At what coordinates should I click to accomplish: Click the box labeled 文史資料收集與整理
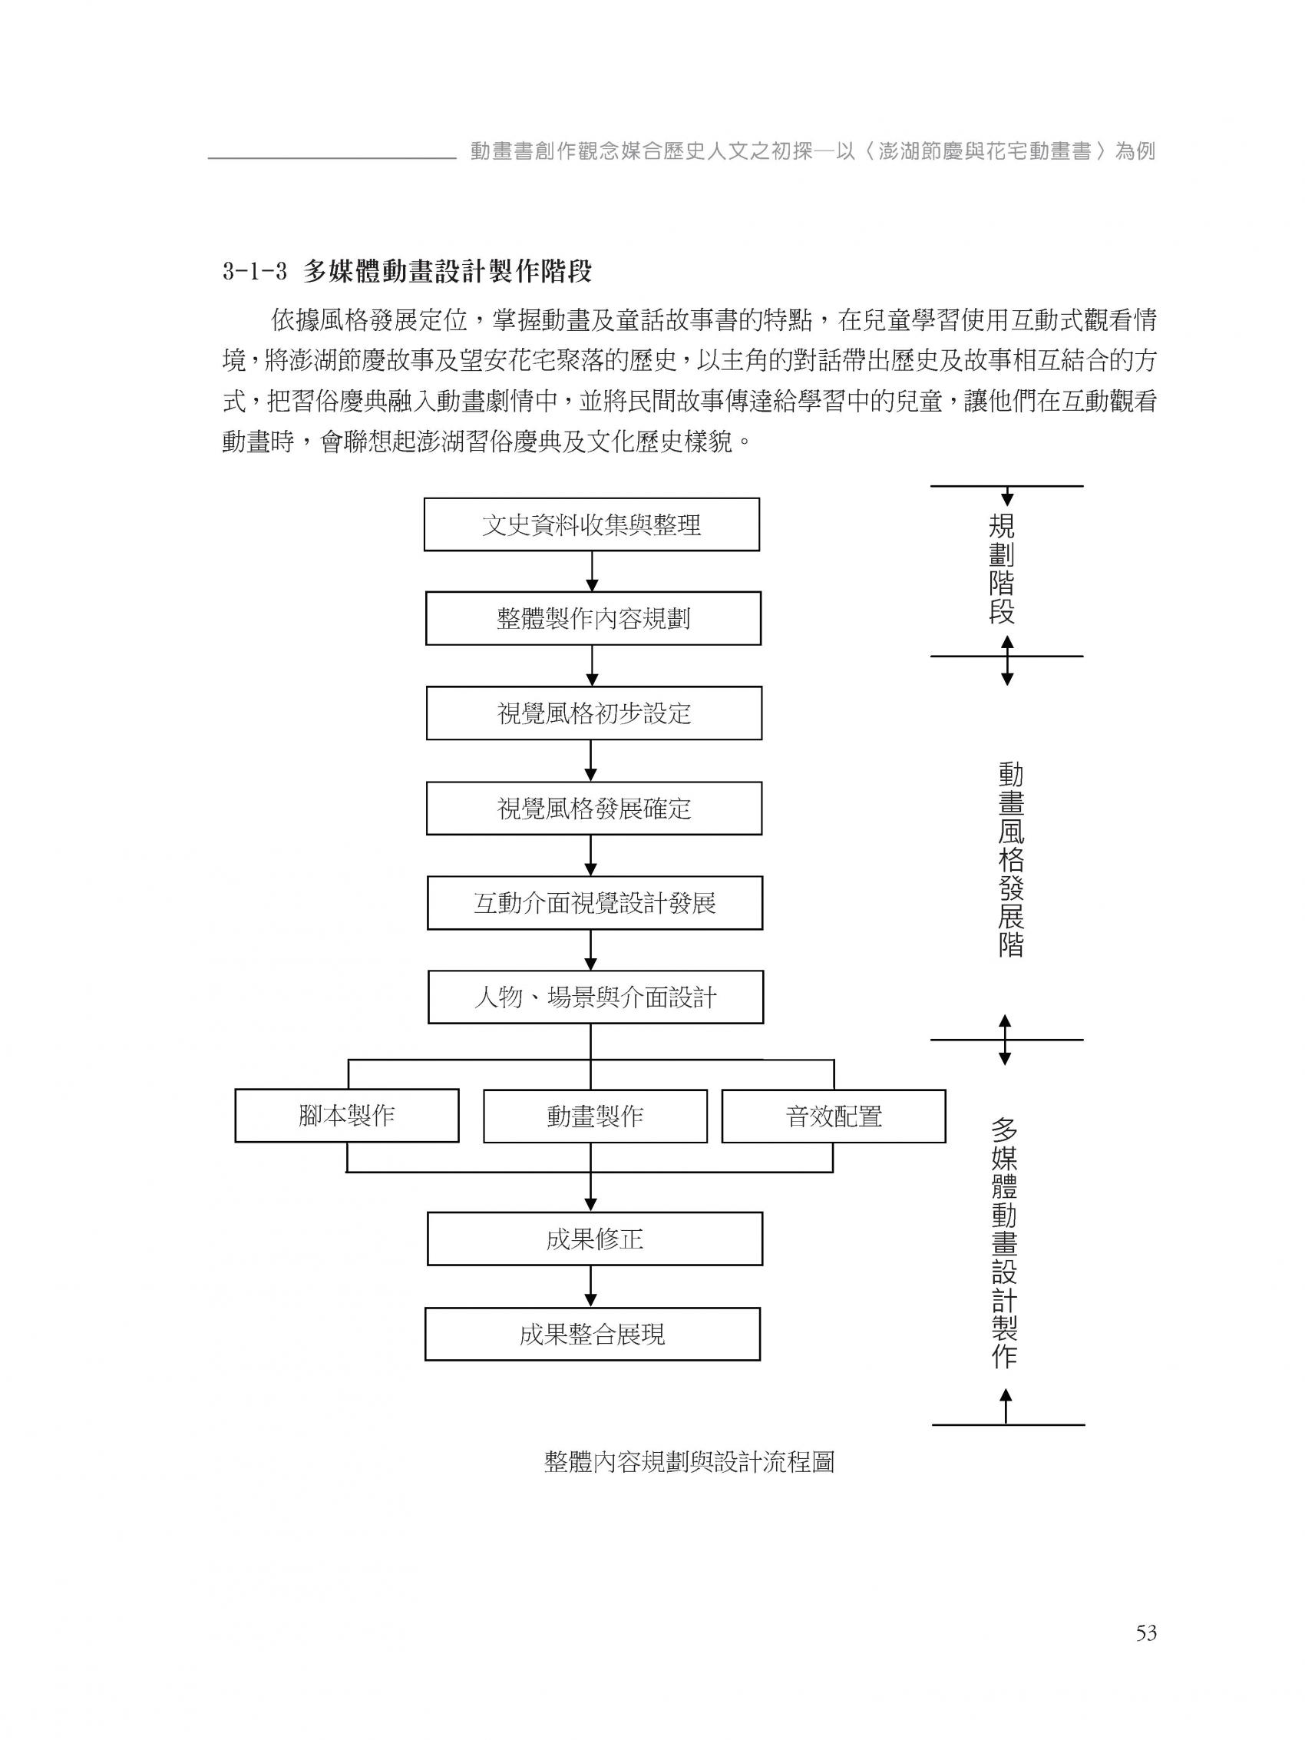(591, 524)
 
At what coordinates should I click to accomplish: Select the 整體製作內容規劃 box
(593, 618)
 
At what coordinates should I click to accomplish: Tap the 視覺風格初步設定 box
(593, 713)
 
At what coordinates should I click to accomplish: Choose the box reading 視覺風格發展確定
(593, 808)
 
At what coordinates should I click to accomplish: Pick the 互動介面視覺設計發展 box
(594, 902)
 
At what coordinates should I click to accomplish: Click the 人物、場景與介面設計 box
(595, 997)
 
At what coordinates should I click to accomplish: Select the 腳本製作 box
(346, 1115)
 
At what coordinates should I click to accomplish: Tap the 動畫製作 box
(595, 1116)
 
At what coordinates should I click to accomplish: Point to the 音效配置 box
(833, 1116)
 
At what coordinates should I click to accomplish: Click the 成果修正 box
(594, 1239)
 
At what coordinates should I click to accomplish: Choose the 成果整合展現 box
(592, 1333)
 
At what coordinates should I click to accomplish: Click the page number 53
(1145, 1611)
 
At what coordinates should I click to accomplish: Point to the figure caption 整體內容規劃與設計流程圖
(689, 1461)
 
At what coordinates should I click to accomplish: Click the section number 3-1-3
(253, 272)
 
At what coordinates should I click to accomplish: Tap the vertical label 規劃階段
(1001, 569)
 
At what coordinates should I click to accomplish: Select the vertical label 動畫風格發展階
(1010, 859)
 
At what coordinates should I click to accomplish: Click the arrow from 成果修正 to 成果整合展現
(591, 1285)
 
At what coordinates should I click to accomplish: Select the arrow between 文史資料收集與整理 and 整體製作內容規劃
(592, 571)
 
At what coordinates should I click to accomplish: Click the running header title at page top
(812, 151)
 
